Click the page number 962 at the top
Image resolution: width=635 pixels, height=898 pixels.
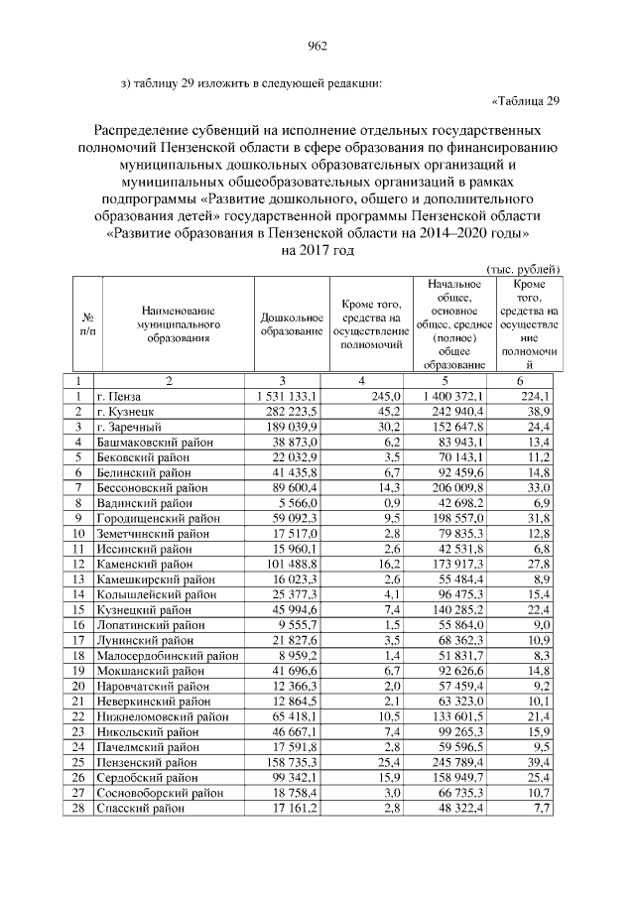317,45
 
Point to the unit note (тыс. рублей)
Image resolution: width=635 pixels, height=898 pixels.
523,269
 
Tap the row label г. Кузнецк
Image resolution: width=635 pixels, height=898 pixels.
124,411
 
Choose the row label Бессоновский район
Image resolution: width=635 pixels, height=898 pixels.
153,487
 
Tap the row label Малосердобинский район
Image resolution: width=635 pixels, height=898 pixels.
168,655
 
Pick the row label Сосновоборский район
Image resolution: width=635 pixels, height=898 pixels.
159,792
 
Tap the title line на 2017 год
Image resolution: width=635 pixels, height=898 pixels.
317,251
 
